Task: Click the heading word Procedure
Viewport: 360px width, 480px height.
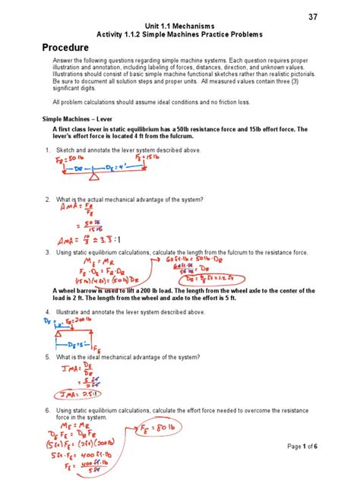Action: pos(74,47)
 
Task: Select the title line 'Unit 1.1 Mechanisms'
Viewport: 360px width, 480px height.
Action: pos(179,25)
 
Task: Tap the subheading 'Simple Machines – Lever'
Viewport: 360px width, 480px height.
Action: pos(78,120)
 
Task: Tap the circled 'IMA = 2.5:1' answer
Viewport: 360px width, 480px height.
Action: pos(77,393)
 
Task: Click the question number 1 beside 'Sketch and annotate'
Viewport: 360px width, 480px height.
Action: pos(48,151)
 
